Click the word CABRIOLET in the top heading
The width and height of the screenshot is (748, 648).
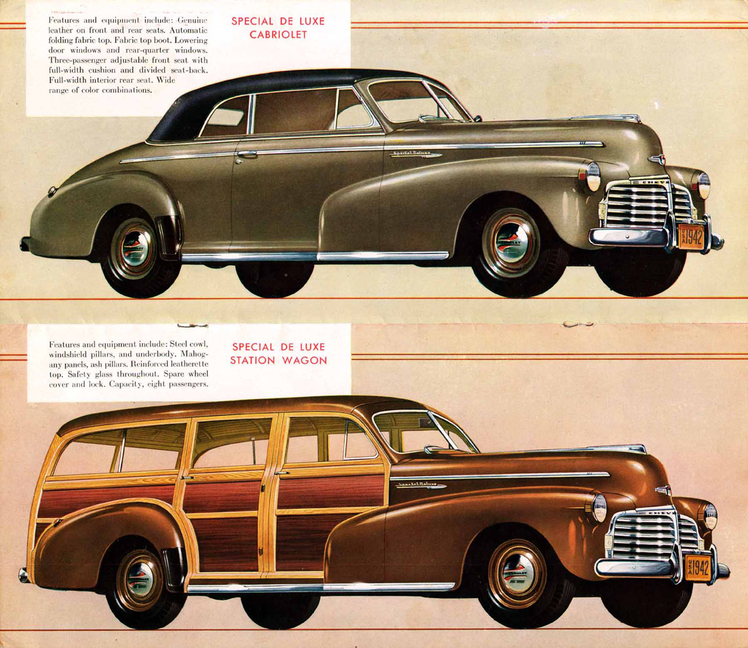tap(278, 35)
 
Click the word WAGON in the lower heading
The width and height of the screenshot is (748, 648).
tap(306, 361)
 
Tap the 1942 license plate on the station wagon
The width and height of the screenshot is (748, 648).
tap(697, 566)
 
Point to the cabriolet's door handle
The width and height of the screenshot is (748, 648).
tap(246, 154)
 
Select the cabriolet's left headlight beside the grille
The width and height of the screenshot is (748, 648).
tap(593, 176)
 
